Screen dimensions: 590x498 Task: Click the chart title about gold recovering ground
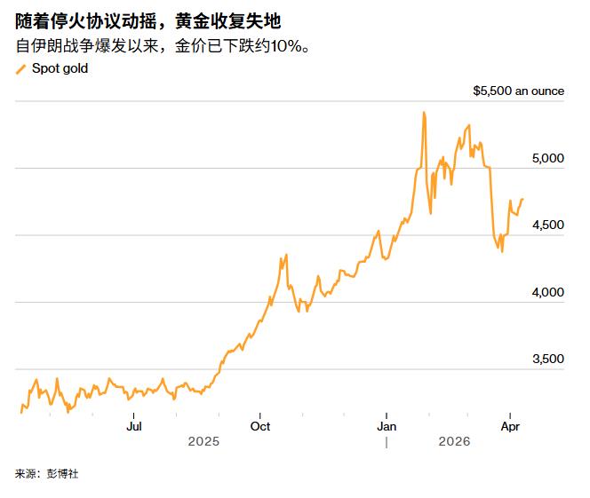pos(148,21)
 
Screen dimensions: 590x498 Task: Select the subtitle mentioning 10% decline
pos(163,46)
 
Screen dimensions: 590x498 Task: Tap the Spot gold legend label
pos(60,68)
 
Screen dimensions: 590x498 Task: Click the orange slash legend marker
pos(20,69)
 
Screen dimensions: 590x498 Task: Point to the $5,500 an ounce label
pos(519,91)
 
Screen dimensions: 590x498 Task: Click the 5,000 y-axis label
pos(548,158)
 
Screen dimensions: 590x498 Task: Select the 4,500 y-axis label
pos(548,225)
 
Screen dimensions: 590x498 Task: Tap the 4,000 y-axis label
pos(548,292)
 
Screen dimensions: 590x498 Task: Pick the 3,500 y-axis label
pos(548,359)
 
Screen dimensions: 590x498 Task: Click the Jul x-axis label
pos(134,426)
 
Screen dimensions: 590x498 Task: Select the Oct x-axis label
pos(260,426)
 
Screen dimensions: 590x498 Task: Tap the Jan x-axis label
pos(387,426)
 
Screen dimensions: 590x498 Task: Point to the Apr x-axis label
pos(510,426)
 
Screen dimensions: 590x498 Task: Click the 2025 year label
pos(203,441)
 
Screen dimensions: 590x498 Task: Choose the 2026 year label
pos(454,441)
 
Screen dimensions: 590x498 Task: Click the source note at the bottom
pos(47,473)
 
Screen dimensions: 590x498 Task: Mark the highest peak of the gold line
pos(424,112)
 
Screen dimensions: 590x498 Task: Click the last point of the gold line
pos(522,199)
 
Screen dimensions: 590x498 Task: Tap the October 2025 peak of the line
pos(286,255)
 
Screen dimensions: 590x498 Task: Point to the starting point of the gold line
pos(21,413)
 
